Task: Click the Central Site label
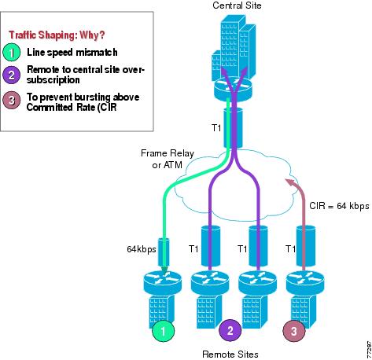(x=237, y=6)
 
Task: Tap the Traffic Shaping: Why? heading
(x=57, y=35)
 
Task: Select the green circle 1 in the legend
(x=12, y=53)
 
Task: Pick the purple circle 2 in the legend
(x=12, y=75)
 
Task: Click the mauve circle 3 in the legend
(x=12, y=100)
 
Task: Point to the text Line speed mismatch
(x=72, y=53)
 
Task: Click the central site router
(x=233, y=90)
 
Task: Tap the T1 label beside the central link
(x=216, y=128)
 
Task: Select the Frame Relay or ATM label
(x=168, y=159)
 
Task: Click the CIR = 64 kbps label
(x=339, y=206)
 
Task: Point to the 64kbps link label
(x=142, y=249)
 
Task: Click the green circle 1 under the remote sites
(x=164, y=331)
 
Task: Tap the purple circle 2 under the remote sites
(x=230, y=330)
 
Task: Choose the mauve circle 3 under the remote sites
(x=294, y=331)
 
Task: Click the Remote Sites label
(x=230, y=354)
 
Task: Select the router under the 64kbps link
(x=163, y=283)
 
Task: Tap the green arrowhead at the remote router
(x=164, y=270)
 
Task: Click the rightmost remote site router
(x=305, y=283)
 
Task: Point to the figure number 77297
(x=369, y=350)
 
